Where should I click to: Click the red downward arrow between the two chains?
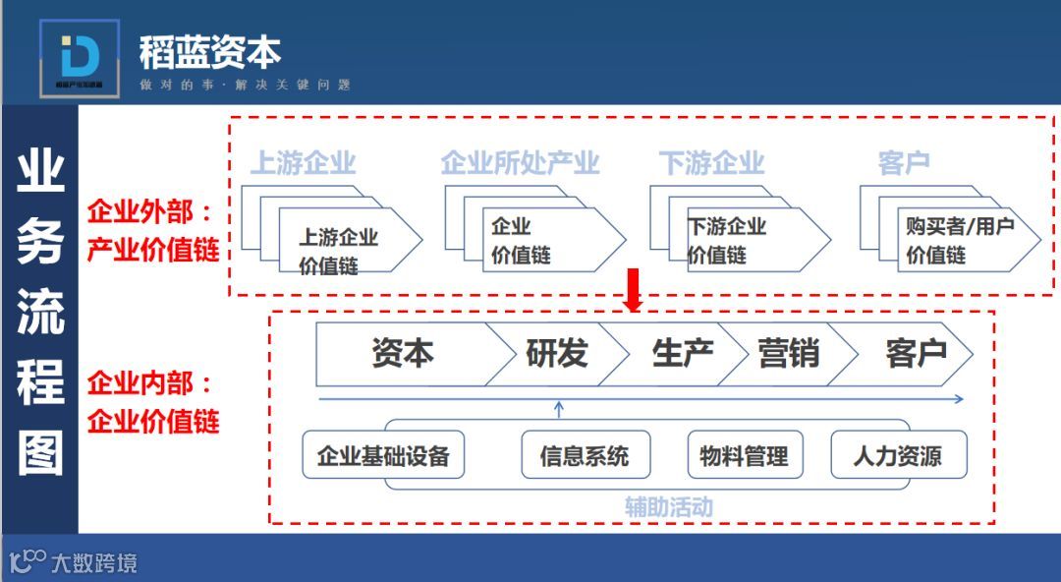click(x=634, y=290)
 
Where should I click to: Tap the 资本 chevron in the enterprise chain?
click(x=403, y=354)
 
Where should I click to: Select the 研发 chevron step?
click(x=557, y=354)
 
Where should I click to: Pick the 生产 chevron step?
click(x=682, y=354)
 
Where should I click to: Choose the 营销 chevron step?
click(x=789, y=354)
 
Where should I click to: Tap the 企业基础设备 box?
click(x=383, y=456)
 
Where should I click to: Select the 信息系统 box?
click(x=585, y=456)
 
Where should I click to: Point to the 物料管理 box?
click(x=744, y=456)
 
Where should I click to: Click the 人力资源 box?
click(x=897, y=456)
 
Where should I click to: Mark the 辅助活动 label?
click(x=668, y=507)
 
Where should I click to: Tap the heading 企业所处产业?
click(x=520, y=163)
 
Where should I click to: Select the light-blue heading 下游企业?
click(x=711, y=163)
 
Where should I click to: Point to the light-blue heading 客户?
click(x=904, y=163)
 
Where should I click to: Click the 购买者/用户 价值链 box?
click(x=959, y=241)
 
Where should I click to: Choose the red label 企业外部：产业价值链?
click(x=152, y=231)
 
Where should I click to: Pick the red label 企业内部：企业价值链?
click(x=152, y=403)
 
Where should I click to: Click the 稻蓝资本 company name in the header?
click(x=210, y=52)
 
